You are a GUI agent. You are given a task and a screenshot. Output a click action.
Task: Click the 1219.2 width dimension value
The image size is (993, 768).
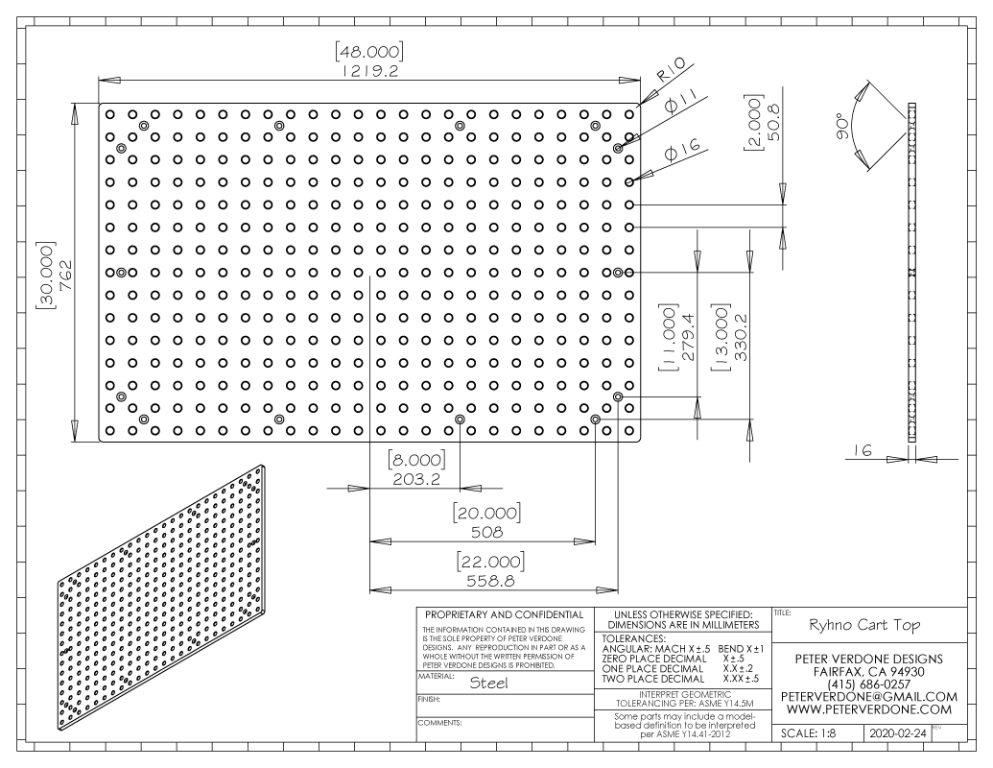point(370,70)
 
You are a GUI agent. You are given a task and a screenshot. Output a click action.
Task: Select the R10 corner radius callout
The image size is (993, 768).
point(670,70)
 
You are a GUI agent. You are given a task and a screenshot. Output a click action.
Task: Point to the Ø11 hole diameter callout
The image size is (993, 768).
point(680,103)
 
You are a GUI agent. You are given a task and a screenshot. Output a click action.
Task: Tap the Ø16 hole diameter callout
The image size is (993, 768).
point(683,151)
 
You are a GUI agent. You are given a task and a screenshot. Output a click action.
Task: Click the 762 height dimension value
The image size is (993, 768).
point(65,276)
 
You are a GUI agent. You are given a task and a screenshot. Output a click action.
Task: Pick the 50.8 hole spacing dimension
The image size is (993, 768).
point(773,122)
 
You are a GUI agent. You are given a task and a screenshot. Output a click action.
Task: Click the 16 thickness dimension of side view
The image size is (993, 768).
point(863,450)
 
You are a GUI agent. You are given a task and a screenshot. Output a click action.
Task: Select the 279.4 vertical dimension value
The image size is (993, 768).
point(689,336)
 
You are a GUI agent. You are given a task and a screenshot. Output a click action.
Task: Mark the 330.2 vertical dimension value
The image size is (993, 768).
point(741,336)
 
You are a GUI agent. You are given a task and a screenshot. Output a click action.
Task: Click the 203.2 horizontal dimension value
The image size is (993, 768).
point(416,479)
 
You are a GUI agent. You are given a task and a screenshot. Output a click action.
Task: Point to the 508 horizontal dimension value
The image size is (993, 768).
point(487,532)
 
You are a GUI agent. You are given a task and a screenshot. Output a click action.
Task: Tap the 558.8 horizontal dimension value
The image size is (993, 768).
point(491,581)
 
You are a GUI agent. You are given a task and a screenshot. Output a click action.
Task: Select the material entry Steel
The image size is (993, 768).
point(488,684)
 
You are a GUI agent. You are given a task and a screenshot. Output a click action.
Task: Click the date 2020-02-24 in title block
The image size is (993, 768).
point(897,733)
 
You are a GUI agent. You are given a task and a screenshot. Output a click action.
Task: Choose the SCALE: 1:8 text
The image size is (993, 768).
point(808,733)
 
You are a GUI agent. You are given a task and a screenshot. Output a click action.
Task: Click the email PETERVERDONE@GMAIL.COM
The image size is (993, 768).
point(869,696)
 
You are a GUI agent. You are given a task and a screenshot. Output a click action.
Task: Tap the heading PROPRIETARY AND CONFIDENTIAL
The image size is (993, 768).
point(504,614)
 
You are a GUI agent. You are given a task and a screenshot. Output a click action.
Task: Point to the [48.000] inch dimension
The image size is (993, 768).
point(369,51)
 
